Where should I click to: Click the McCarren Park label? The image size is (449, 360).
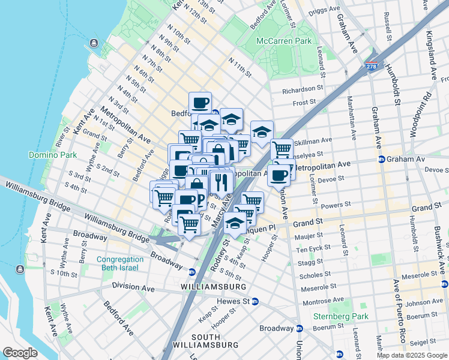tap(284, 41)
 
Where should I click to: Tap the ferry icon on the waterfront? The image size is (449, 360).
tap(94, 43)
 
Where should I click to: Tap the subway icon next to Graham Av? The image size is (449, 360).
tap(381, 160)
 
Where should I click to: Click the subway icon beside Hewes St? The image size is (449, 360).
tap(255, 301)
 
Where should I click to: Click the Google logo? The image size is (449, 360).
tap(20, 353)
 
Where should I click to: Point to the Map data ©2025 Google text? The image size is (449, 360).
tap(411, 355)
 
